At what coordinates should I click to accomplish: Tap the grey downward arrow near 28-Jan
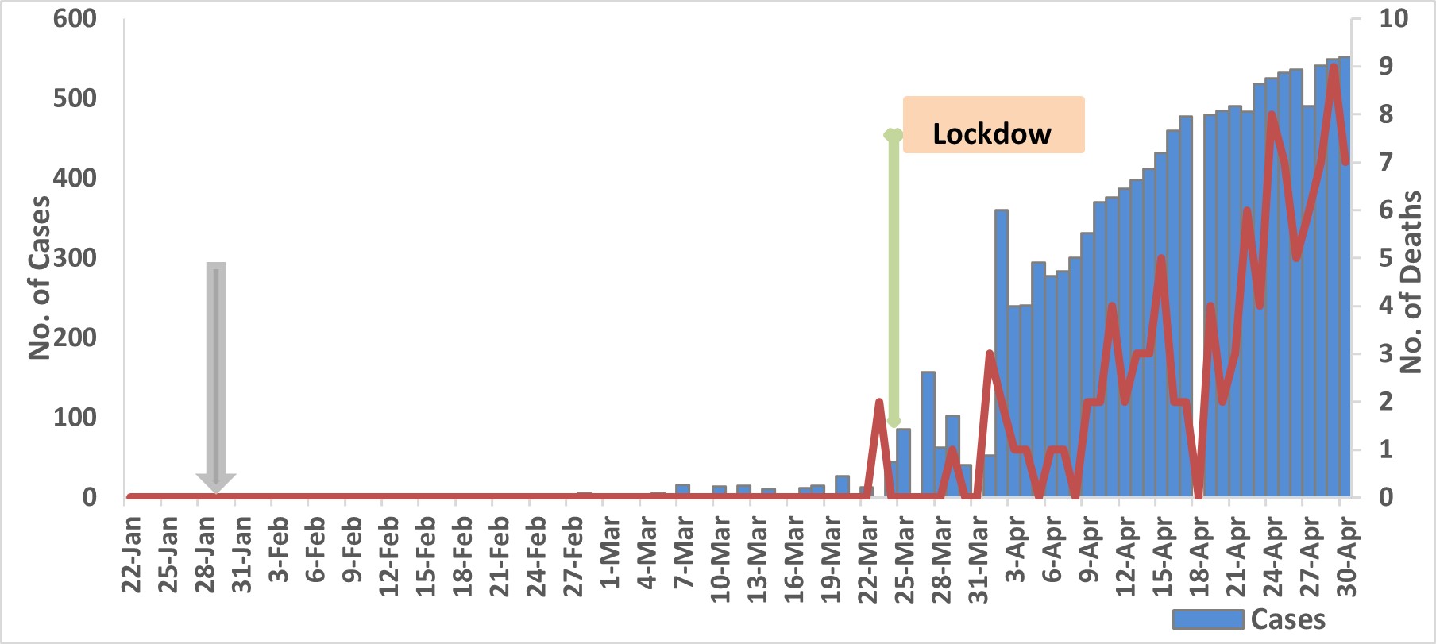216,373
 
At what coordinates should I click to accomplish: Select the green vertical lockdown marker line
894,278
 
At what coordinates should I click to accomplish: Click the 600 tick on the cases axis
75,18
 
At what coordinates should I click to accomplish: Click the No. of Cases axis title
40,278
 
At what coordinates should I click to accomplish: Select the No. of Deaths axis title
1411,282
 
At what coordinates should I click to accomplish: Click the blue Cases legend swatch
1207,619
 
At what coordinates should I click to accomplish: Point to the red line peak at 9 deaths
1334,67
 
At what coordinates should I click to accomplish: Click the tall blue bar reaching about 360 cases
1002,357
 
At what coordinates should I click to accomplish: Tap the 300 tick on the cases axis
75,258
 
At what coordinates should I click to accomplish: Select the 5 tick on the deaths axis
1386,258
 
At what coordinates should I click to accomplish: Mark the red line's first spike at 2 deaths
878,402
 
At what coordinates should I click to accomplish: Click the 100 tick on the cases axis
75,418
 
